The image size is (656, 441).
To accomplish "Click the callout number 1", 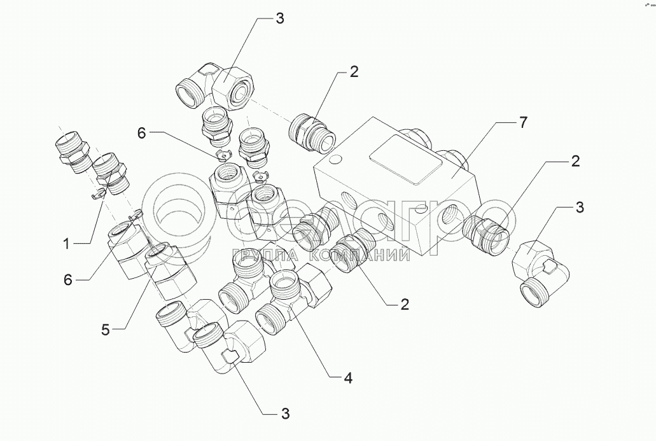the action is (67, 244).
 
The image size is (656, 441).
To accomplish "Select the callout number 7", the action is (523, 122).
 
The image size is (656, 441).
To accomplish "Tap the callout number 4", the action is (347, 379).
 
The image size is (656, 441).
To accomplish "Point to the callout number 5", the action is (105, 330).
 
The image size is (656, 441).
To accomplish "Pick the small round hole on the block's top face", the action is (336, 160).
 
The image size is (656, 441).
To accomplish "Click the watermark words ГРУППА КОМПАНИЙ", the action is (321, 254).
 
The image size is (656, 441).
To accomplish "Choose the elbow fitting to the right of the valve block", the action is (540, 275).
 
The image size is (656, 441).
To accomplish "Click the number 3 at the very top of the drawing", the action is (279, 18).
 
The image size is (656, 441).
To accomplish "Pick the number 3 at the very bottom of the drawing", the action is (285, 414).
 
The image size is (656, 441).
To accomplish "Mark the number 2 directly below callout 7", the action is (576, 162).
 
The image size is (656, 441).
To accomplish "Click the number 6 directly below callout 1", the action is (68, 280).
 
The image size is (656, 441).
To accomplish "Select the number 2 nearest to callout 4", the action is (404, 305).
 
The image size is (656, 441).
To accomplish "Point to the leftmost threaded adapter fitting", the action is (71, 151).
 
